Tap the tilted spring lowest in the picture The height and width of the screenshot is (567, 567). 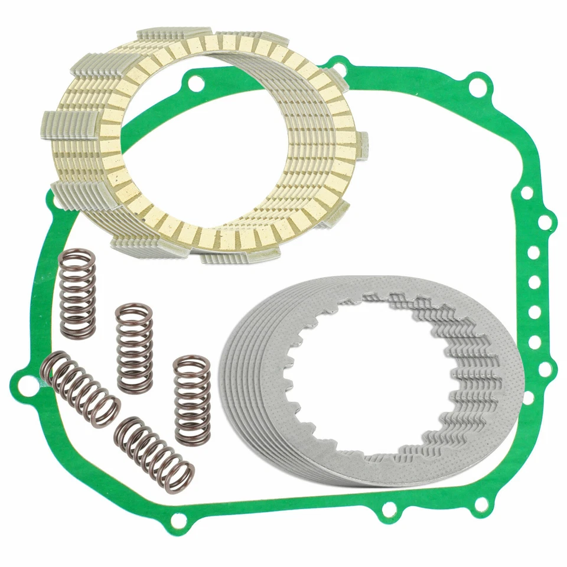click(x=154, y=455)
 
